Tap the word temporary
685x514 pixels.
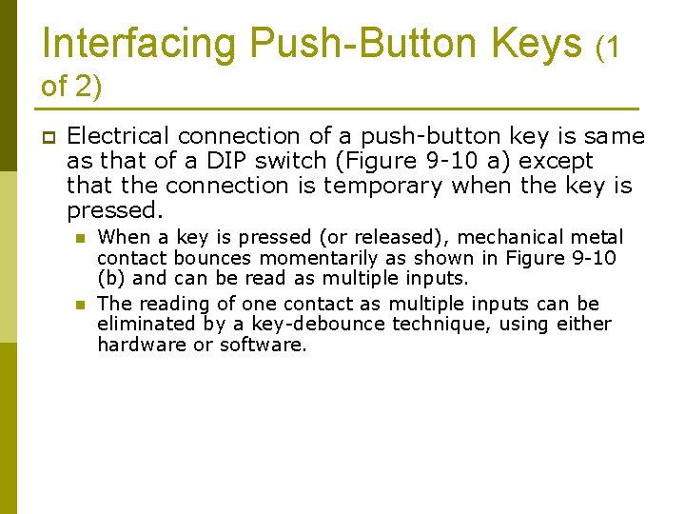393,186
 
